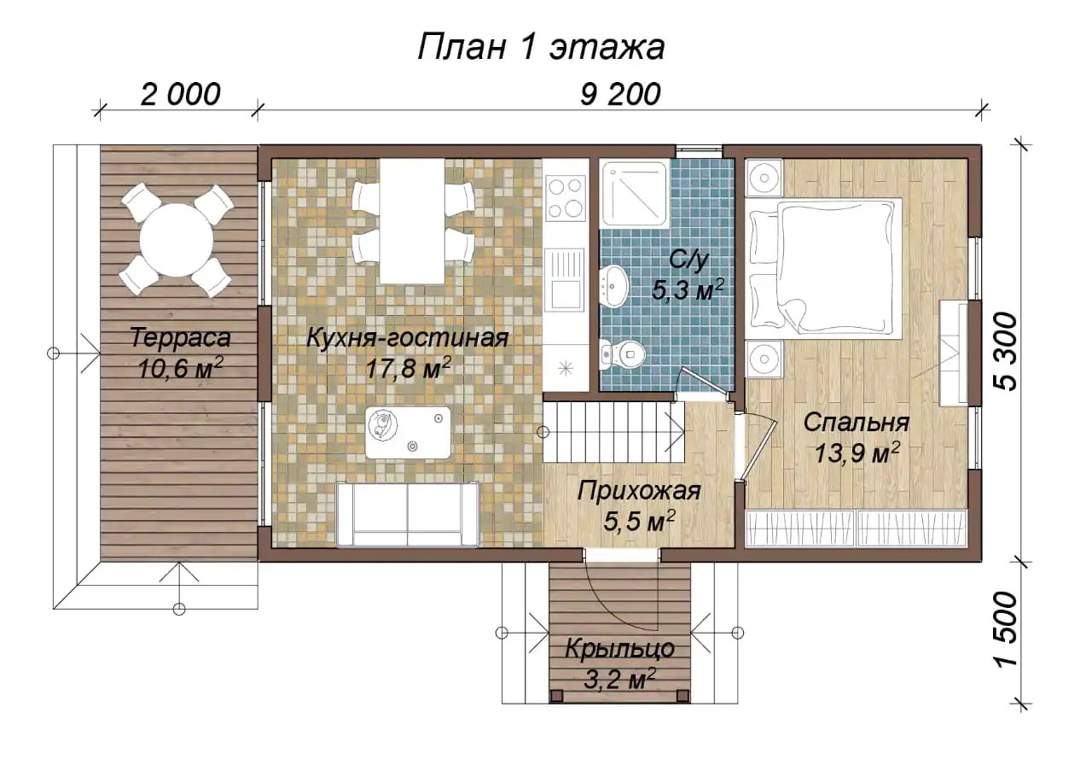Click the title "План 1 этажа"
541,47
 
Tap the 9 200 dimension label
620,94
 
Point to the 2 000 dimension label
180,94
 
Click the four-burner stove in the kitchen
566,199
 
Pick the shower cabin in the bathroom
634,195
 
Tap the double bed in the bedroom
824,267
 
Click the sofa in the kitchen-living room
408,514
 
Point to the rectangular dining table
412,221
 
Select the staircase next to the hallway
614,432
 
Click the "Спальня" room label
856,423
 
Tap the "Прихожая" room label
639,491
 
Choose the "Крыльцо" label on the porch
619,649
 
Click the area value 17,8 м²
408,369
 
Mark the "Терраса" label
180,338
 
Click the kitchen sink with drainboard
566,280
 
